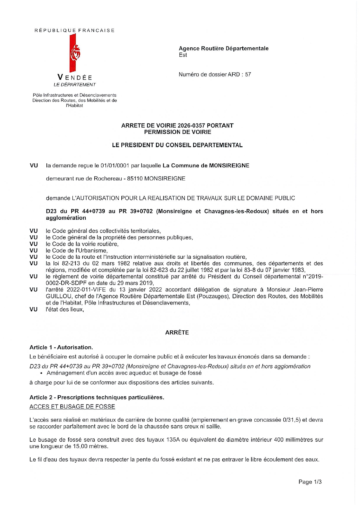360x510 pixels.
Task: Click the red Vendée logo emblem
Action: pos(75,53)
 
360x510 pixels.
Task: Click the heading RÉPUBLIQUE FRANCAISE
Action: pos(75,31)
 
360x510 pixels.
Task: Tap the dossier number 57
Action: pos(248,74)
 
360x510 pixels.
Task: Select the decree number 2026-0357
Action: pos(191,126)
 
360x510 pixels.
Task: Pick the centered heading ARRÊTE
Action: pos(177,332)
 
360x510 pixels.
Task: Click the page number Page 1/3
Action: pos(310,482)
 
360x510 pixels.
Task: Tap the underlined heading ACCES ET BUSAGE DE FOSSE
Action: pos(72,407)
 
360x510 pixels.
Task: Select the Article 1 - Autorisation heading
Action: pos(61,347)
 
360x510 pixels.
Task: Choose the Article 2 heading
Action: pos(97,397)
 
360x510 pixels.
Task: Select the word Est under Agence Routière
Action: pos(183,55)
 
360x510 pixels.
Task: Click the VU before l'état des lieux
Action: pos(34,309)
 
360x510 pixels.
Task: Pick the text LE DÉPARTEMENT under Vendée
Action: pos(75,85)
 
